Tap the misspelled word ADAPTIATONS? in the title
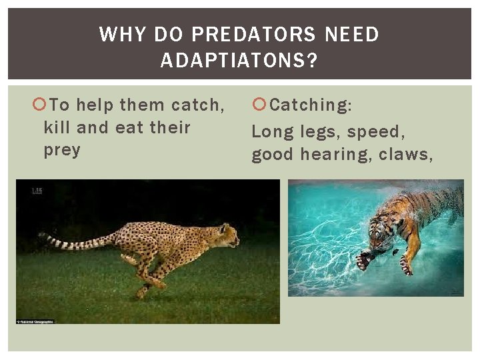coord(239,61)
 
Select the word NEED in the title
coord(352,35)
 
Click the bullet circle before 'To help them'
coord(39,105)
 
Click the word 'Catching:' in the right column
coord(312,105)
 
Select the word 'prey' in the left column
coord(61,150)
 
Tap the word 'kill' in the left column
coord(57,127)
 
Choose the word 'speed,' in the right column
coord(377,132)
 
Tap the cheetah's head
coord(227,235)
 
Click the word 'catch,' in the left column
coord(198,105)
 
